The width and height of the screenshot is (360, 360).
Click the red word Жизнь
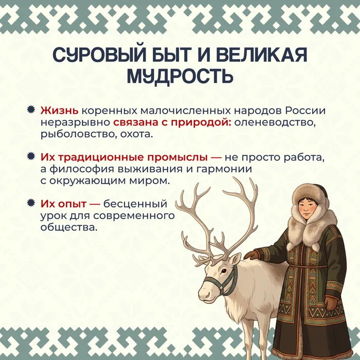point(59,111)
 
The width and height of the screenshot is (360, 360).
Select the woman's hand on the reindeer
point(251,255)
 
